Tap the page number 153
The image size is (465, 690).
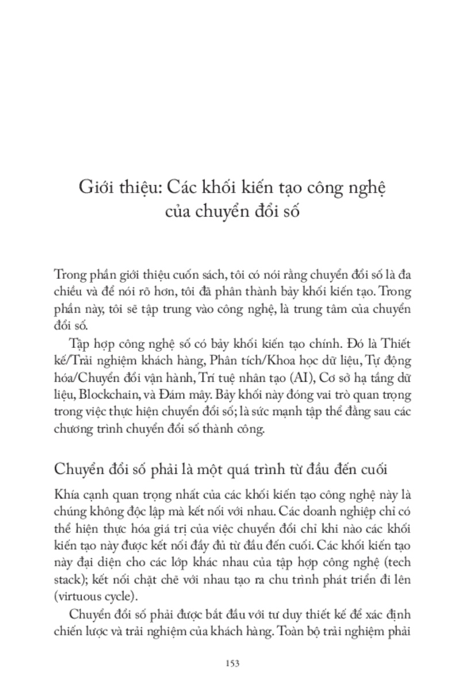[232, 664]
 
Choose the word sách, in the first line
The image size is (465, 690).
[228, 273]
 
